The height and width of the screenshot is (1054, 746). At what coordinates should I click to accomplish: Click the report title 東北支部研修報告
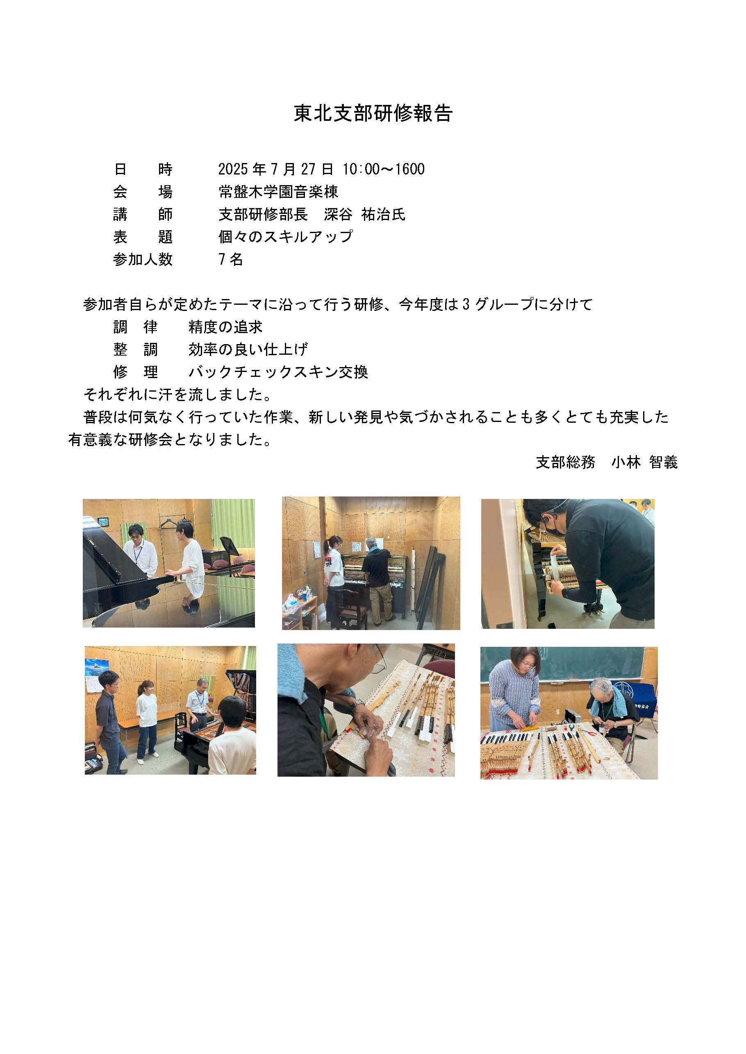tap(373, 113)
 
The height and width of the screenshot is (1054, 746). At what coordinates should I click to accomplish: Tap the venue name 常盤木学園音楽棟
tap(278, 191)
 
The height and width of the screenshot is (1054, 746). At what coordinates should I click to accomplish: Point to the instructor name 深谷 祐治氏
tap(365, 214)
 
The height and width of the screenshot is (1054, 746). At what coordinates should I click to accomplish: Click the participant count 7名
tap(231, 259)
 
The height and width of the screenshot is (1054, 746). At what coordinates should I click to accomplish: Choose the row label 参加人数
tap(143, 259)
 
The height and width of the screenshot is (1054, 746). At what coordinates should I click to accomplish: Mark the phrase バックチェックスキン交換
tap(278, 372)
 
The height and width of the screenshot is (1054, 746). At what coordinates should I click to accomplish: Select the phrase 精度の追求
tap(225, 327)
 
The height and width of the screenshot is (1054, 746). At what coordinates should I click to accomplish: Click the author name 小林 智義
tap(644, 462)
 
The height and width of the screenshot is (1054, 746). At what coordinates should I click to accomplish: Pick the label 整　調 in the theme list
tap(136, 349)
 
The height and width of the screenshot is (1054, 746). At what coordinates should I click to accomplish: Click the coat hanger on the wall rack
tap(168, 524)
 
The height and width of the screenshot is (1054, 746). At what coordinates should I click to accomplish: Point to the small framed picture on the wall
tap(102, 521)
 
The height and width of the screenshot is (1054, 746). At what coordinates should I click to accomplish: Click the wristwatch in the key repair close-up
tap(356, 705)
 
